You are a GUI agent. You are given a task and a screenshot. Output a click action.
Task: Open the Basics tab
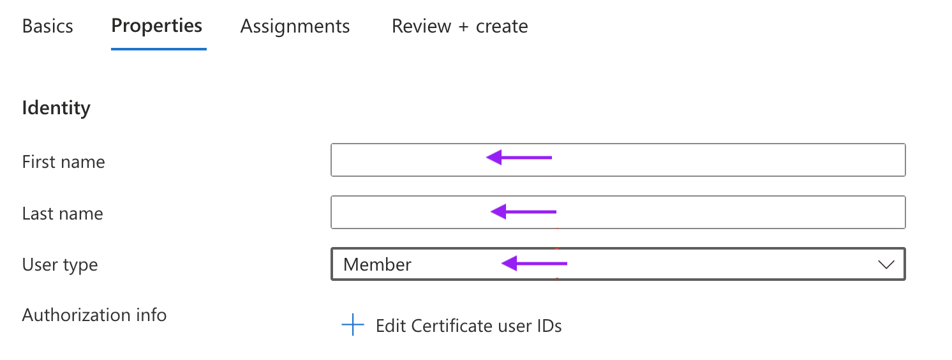(48, 26)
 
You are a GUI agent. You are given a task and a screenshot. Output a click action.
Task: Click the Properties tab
(157, 26)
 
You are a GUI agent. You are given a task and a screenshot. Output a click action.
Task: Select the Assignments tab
(295, 26)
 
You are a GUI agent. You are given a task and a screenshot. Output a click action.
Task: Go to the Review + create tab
(460, 26)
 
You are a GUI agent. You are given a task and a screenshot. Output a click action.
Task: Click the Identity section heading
(56, 108)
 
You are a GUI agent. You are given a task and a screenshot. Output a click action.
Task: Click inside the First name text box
(618, 160)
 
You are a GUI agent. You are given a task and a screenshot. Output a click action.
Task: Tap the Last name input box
(618, 212)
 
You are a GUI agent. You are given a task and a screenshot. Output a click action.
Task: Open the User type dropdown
(618, 264)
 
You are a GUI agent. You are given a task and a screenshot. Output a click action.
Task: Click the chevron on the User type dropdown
(886, 265)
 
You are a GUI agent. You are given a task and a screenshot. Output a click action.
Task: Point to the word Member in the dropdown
(377, 264)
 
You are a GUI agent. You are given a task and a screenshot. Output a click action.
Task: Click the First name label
(63, 162)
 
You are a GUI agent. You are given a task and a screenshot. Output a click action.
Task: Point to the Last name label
(63, 213)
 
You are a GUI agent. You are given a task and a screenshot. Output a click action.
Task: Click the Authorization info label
(94, 315)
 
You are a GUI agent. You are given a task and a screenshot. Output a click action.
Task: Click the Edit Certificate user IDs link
(469, 326)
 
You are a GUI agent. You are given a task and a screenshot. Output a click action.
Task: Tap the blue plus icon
(353, 325)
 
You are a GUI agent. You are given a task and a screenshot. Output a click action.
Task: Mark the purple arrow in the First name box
(519, 158)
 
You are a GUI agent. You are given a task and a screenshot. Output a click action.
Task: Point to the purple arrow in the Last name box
(523, 212)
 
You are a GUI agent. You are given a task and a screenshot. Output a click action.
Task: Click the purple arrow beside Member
(534, 264)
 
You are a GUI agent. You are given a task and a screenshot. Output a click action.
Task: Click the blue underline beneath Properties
(159, 49)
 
